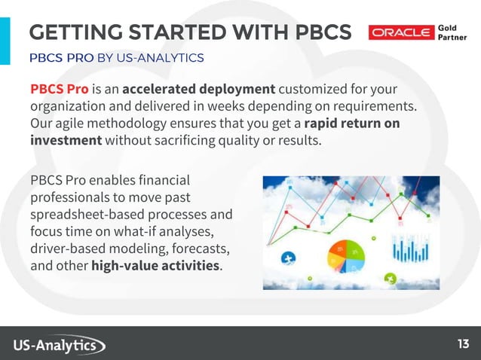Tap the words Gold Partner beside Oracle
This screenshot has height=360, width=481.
tap(452, 33)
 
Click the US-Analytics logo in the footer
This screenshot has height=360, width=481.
tap(59, 345)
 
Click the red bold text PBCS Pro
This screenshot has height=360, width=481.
tap(60, 90)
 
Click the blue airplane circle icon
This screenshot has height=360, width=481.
tap(287, 259)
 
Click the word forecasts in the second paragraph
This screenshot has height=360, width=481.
tap(201, 249)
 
